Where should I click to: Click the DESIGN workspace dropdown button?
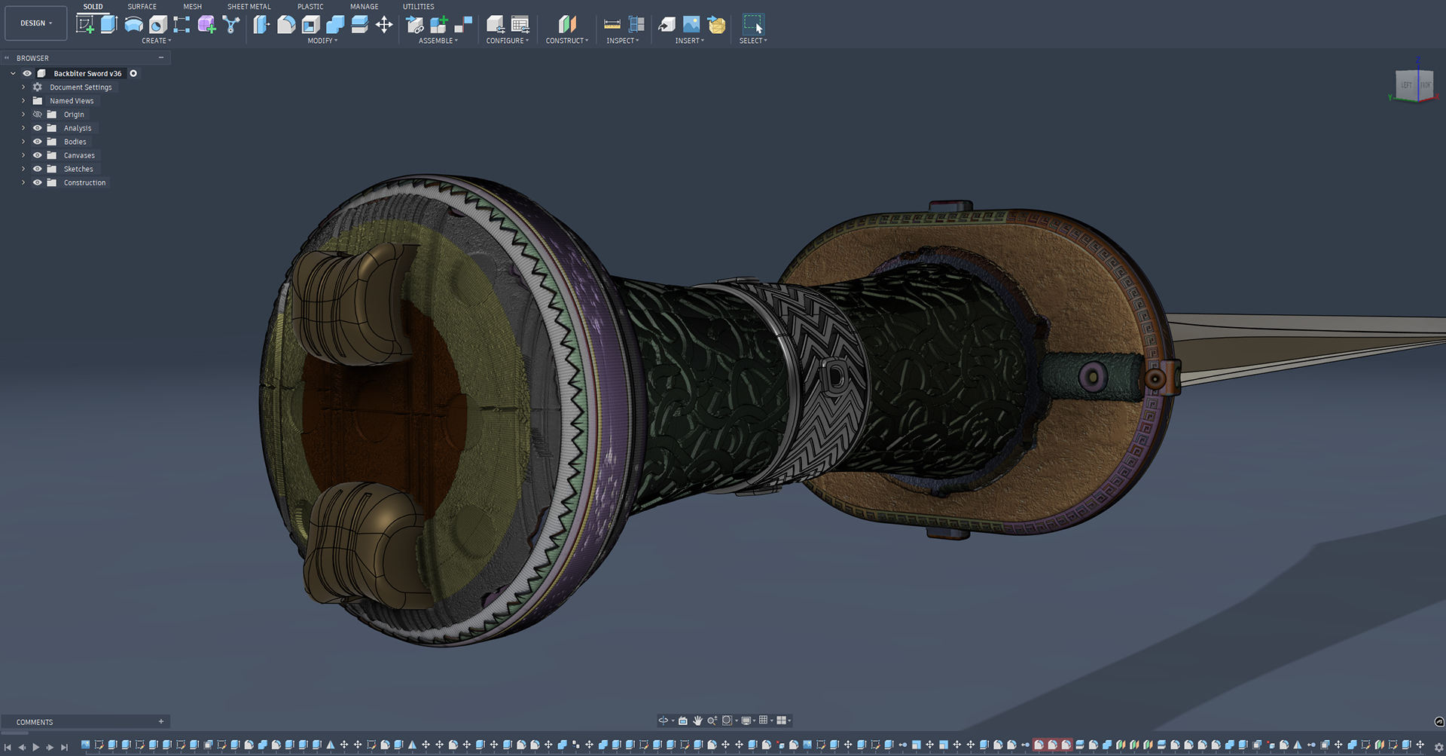pyautogui.click(x=36, y=23)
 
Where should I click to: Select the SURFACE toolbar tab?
pyautogui.click(x=142, y=7)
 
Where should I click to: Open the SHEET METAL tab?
pyautogui.click(x=249, y=7)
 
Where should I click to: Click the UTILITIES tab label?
pyautogui.click(x=418, y=7)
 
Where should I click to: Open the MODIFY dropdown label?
pyautogui.click(x=322, y=41)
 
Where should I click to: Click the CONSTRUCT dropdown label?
pyautogui.click(x=566, y=41)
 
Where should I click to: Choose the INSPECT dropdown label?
pyautogui.click(x=622, y=41)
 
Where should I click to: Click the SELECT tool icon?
pyautogui.click(x=752, y=24)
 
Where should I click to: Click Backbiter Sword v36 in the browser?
pyautogui.click(x=87, y=74)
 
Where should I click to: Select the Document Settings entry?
pyautogui.click(x=81, y=87)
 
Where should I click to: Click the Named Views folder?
pyautogui.click(x=72, y=101)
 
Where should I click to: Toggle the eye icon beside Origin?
pyautogui.click(x=37, y=115)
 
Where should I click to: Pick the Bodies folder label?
pyautogui.click(x=75, y=142)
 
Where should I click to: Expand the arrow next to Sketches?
pyautogui.click(x=23, y=169)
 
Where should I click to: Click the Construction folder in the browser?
pyautogui.click(x=84, y=182)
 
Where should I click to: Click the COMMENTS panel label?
pyautogui.click(x=35, y=722)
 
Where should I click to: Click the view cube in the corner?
pyautogui.click(x=1414, y=84)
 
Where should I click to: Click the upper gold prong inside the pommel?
pyautogui.click(x=346, y=301)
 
